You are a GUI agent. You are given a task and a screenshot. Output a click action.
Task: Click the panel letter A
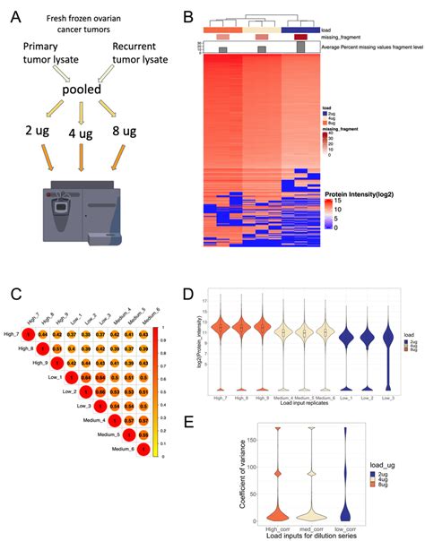click(19, 17)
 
